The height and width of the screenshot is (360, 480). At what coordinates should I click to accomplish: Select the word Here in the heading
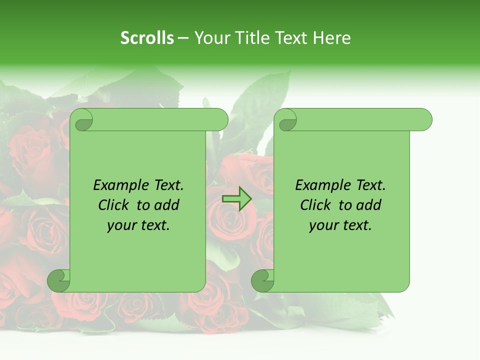(331, 38)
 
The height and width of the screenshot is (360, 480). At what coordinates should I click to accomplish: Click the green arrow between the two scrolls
(236, 198)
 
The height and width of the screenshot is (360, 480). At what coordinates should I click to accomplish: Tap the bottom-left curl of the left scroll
(59, 280)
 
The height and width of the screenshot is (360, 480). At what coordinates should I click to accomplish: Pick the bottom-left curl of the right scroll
(262, 280)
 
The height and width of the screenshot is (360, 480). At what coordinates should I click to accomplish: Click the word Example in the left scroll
(119, 185)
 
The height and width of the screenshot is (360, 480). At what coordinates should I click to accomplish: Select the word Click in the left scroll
(115, 205)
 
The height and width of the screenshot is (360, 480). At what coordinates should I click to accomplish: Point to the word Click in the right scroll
(317, 205)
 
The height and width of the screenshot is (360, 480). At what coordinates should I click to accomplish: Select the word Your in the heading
(210, 38)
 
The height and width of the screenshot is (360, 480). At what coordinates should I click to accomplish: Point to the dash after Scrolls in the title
(183, 38)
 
